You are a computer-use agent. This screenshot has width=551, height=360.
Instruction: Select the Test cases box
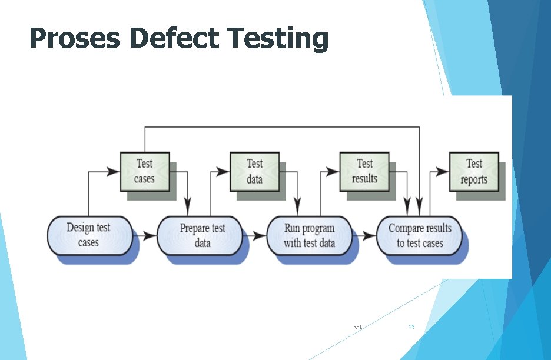[144, 171]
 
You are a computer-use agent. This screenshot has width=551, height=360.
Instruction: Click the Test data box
[254, 171]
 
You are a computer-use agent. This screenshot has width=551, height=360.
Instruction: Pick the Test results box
[364, 171]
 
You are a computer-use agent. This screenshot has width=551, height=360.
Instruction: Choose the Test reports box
[474, 171]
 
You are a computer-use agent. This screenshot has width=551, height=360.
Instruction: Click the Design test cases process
[89, 235]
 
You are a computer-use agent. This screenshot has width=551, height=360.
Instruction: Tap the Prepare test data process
[201, 235]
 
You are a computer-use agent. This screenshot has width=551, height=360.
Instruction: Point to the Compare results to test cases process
[419, 235]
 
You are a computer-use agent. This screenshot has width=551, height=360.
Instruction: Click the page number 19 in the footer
[411, 326]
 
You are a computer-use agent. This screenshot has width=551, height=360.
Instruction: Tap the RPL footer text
[357, 326]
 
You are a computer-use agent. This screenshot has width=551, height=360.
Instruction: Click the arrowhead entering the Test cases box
[114, 172]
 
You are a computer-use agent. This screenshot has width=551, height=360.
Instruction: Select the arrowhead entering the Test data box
[224, 172]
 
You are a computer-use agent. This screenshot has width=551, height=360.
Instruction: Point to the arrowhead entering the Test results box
[334, 172]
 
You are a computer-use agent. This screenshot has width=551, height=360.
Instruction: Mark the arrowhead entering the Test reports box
[443, 172]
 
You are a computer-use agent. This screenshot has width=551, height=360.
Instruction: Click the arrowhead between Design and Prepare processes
[150, 236]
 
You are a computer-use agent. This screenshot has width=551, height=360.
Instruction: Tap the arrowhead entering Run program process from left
[260, 236]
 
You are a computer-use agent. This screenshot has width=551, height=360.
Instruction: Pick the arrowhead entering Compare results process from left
[370, 236]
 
